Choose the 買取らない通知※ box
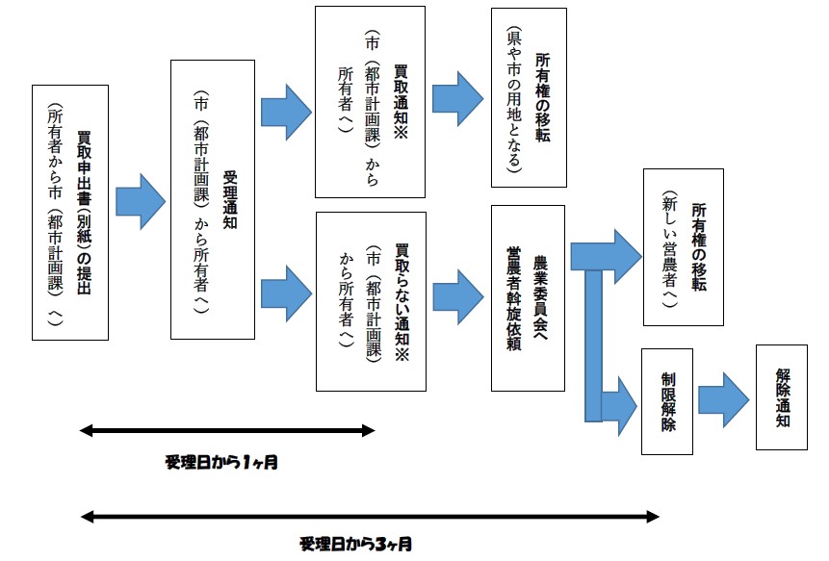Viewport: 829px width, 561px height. pos(371,300)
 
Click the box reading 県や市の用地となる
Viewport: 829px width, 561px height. pos(528,96)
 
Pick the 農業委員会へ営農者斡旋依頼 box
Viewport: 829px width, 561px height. pos(528,297)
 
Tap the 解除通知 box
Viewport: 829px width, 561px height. pos(782,395)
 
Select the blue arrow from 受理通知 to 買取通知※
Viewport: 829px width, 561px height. pos(286,105)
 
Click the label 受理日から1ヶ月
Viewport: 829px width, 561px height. pos(221,462)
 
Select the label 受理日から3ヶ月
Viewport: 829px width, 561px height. pos(355,544)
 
